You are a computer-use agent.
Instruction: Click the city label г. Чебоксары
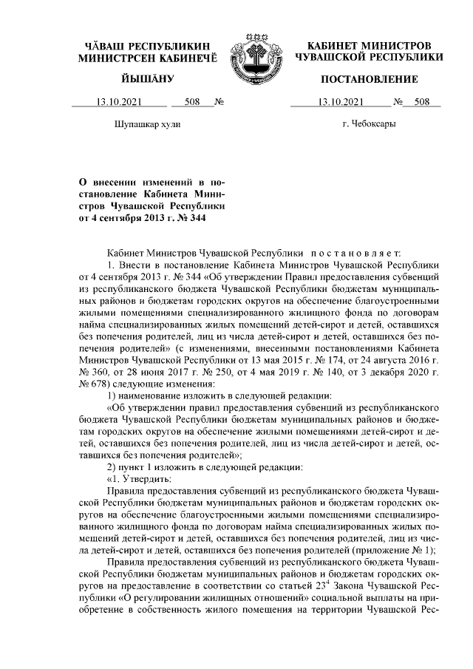click(x=368, y=123)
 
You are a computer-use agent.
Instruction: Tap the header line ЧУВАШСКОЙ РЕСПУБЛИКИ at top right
click(x=369, y=57)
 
